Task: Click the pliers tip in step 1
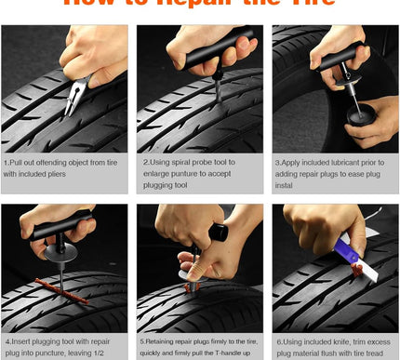[68, 112]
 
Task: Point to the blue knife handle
[347, 251]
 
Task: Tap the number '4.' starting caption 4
[7, 341]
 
